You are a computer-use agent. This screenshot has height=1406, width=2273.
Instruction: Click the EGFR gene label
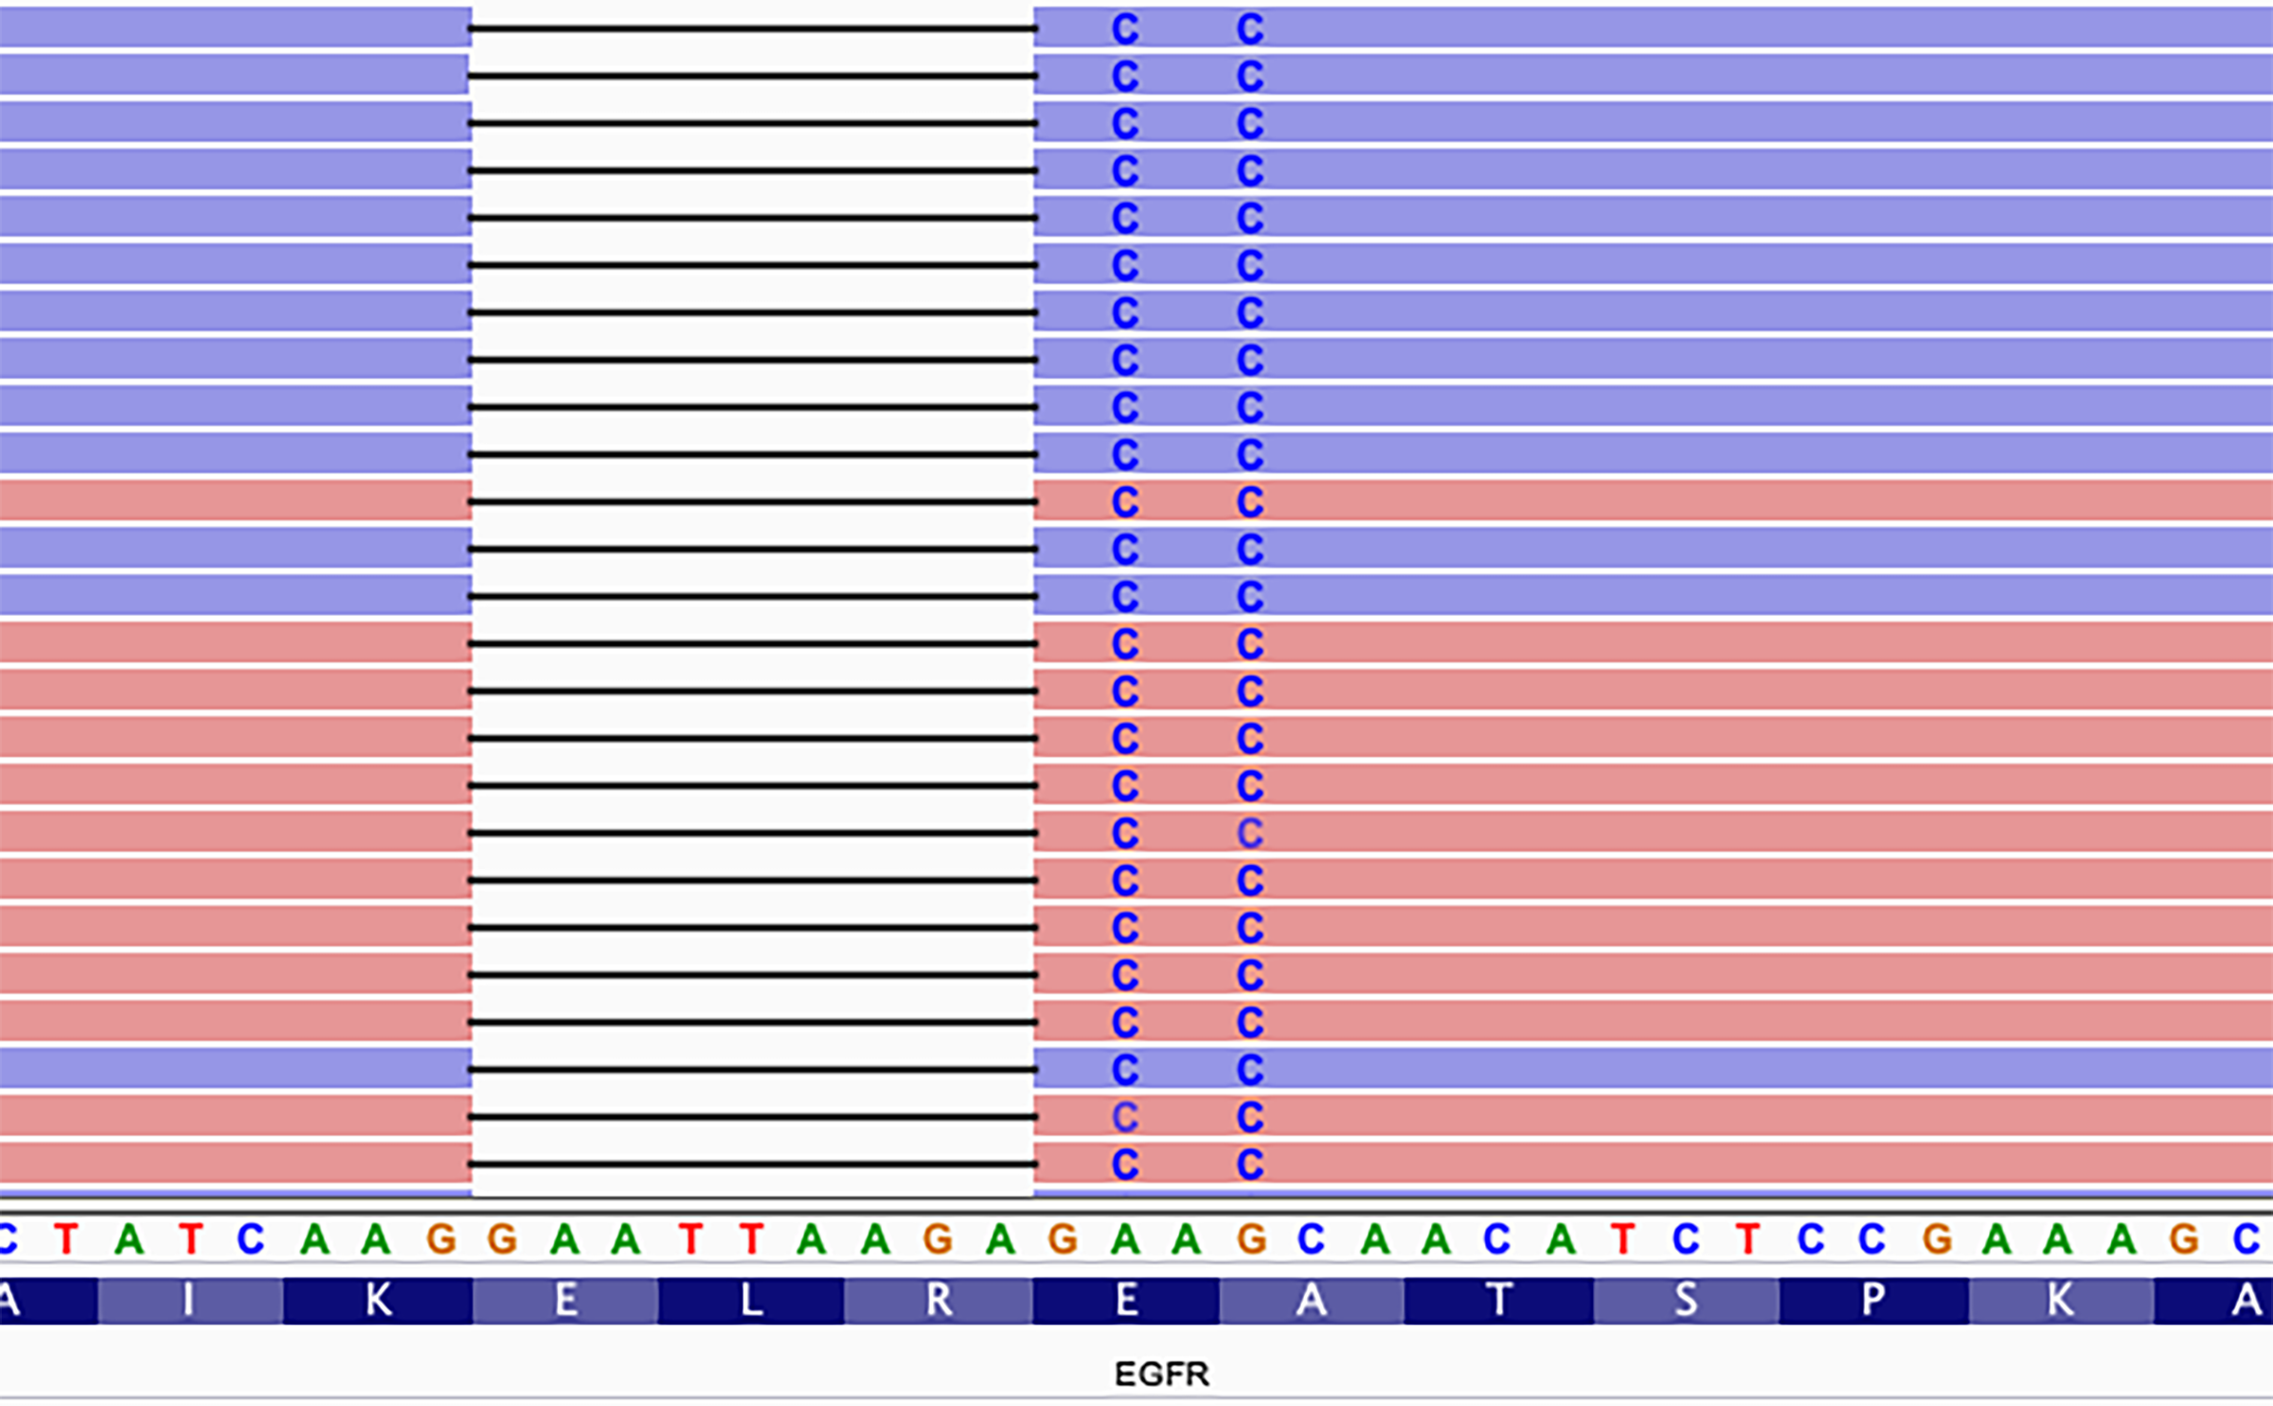(x=1162, y=1374)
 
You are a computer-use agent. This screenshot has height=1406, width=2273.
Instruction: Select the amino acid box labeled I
(x=189, y=1301)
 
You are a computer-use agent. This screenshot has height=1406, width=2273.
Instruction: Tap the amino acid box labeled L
(x=751, y=1301)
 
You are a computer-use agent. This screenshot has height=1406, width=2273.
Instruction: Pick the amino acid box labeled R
(x=938, y=1301)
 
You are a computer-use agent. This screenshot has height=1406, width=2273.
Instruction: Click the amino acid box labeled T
(x=1499, y=1301)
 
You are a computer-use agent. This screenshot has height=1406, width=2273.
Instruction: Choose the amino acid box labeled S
(x=1686, y=1301)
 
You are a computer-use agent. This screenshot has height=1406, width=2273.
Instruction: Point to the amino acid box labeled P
(x=1873, y=1301)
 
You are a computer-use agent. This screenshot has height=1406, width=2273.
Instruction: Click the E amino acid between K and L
(x=565, y=1301)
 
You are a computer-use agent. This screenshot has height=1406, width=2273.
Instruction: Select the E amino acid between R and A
(x=1126, y=1301)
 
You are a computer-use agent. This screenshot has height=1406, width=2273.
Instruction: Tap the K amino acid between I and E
(x=378, y=1301)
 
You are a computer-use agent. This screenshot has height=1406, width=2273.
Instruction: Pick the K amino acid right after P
(x=2061, y=1301)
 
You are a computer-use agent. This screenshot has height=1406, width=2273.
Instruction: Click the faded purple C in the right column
(x=1250, y=834)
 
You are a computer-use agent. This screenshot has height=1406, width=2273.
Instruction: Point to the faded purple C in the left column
(x=1125, y=1117)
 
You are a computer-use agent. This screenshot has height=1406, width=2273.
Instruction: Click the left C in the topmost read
(x=1125, y=29)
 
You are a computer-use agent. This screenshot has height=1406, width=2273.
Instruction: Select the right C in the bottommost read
(x=1250, y=1164)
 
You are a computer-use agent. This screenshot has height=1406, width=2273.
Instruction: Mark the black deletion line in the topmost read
(x=753, y=29)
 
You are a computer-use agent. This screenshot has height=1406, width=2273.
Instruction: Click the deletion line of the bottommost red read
(x=753, y=1164)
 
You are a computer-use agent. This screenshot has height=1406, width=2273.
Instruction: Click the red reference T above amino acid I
(x=190, y=1239)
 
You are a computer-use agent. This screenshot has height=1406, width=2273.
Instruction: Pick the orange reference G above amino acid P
(x=1936, y=1239)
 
